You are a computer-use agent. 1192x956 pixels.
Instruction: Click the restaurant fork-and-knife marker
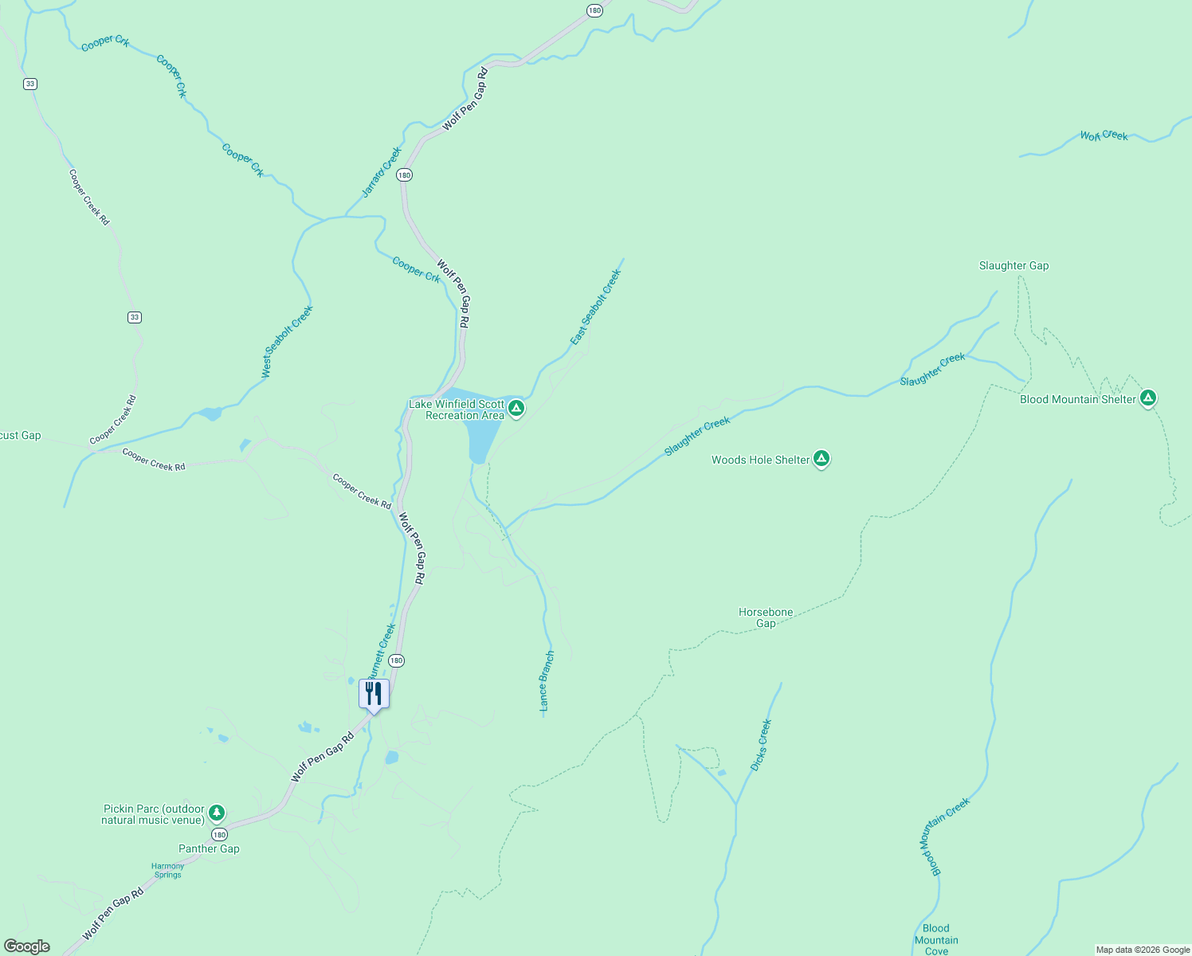[x=374, y=693]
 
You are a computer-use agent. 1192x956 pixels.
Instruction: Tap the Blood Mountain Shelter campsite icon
[x=1147, y=398]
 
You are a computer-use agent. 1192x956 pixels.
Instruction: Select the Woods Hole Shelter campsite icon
[x=821, y=459]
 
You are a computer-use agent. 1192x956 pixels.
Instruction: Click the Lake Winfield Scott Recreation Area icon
[x=516, y=409]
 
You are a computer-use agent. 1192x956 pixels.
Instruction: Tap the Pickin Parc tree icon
[x=216, y=813]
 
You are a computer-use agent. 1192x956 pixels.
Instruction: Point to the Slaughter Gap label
[x=1014, y=265]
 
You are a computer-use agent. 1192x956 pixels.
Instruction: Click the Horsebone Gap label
[x=765, y=617]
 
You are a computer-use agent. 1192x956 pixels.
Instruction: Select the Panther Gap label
[x=209, y=848]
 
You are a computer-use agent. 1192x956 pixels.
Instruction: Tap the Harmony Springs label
[x=167, y=870]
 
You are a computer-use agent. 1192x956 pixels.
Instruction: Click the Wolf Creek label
[x=1104, y=135]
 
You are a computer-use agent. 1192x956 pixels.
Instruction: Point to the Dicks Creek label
[x=761, y=745]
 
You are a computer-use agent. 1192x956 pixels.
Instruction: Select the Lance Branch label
[x=546, y=681]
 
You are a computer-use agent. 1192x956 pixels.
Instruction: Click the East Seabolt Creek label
[x=595, y=308]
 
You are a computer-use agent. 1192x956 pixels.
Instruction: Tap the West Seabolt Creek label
[x=287, y=342]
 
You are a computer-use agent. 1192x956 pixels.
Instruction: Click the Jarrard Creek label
[x=382, y=172]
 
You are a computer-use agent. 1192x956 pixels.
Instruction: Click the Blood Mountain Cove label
[x=936, y=939]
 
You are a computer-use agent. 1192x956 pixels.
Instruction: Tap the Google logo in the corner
[x=27, y=946]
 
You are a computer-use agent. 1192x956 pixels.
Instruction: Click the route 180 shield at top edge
[x=594, y=10]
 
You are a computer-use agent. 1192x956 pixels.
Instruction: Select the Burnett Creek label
[x=382, y=649]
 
